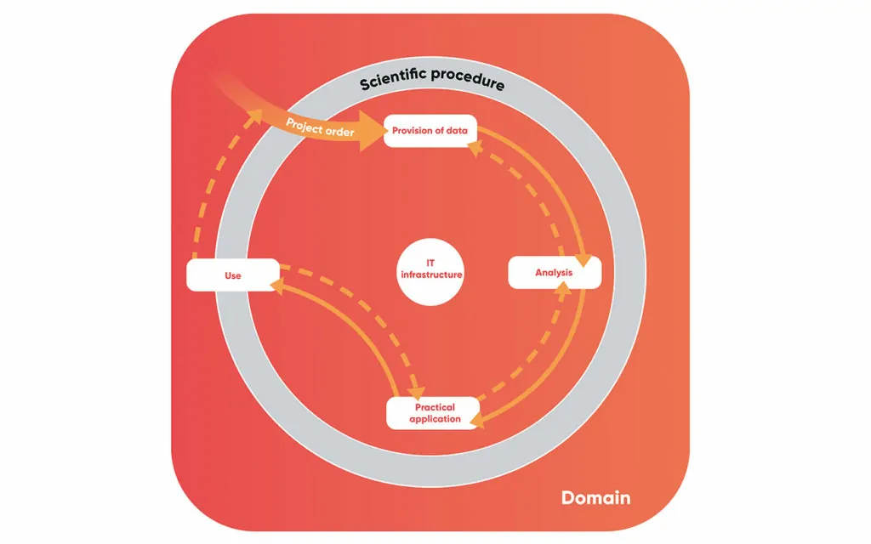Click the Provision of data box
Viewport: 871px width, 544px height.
coord(430,131)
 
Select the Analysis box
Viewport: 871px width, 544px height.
coord(554,273)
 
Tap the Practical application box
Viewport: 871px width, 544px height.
coord(434,413)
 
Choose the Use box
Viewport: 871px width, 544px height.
coord(232,275)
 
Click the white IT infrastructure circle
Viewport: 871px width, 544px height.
coord(431,269)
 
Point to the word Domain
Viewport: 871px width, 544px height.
coord(595,497)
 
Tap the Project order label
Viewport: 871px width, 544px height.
coord(320,127)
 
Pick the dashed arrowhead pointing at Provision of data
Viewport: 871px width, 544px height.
coord(475,149)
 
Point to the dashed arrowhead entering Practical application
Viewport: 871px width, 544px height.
coord(416,392)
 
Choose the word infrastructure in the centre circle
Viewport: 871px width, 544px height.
coord(431,275)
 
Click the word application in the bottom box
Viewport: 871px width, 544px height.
coord(435,419)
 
